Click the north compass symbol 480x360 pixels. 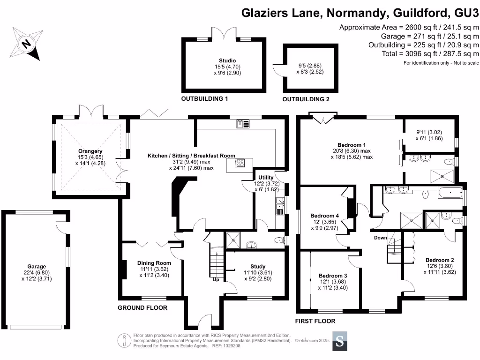pos(27,44)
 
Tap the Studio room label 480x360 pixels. pos(227,60)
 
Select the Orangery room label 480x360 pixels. pos(90,151)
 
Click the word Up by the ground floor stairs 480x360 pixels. pos(216,279)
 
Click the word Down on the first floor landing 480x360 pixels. pos(380,238)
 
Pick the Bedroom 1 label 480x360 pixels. pos(352,145)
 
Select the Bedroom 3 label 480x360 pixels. pos(333,276)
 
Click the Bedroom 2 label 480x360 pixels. pos(440,260)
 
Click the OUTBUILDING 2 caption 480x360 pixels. pos(306,100)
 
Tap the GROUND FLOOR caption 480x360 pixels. pos(142,308)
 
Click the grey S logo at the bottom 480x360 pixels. pos(340,341)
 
